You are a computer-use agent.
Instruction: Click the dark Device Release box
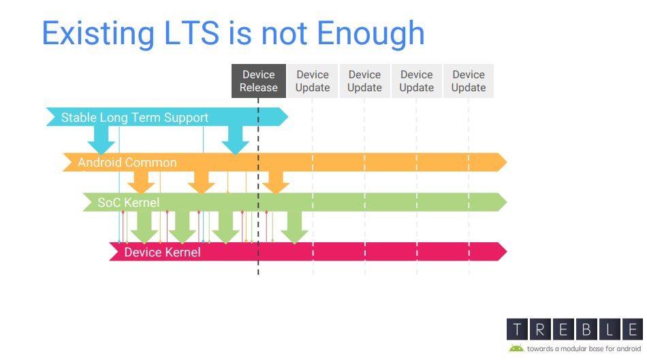(x=259, y=81)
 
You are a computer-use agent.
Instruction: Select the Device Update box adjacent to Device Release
(x=313, y=81)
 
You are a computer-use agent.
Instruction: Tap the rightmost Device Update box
(x=469, y=81)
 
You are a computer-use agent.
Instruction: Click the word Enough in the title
(x=370, y=34)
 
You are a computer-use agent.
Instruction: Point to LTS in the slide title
(x=191, y=33)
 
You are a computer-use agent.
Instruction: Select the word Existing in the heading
(x=98, y=34)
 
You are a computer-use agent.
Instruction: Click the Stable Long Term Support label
(x=135, y=118)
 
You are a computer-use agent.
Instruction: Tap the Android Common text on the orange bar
(x=127, y=163)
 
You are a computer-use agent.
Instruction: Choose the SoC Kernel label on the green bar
(x=128, y=203)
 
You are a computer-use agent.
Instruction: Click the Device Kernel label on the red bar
(x=162, y=252)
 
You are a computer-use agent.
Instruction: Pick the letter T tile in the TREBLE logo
(x=517, y=329)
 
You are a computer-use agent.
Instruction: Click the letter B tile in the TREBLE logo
(x=586, y=329)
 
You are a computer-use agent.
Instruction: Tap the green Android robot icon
(x=516, y=348)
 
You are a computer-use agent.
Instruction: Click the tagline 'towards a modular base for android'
(x=584, y=349)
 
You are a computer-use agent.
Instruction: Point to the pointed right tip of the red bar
(x=506, y=252)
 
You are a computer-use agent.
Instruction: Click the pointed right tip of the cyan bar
(x=287, y=116)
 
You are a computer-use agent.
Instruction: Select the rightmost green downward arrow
(x=294, y=227)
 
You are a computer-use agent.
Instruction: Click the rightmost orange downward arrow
(x=276, y=182)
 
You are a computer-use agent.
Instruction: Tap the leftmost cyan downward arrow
(x=101, y=140)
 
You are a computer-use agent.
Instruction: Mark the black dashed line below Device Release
(x=258, y=186)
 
